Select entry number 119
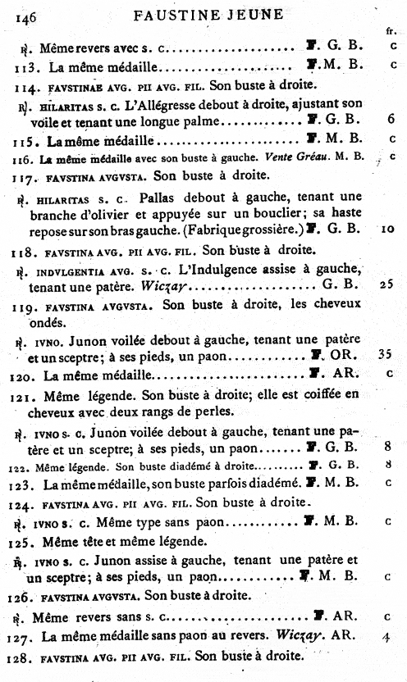pyautogui.click(x=27, y=306)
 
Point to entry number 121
pyautogui.click(x=27, y=395)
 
